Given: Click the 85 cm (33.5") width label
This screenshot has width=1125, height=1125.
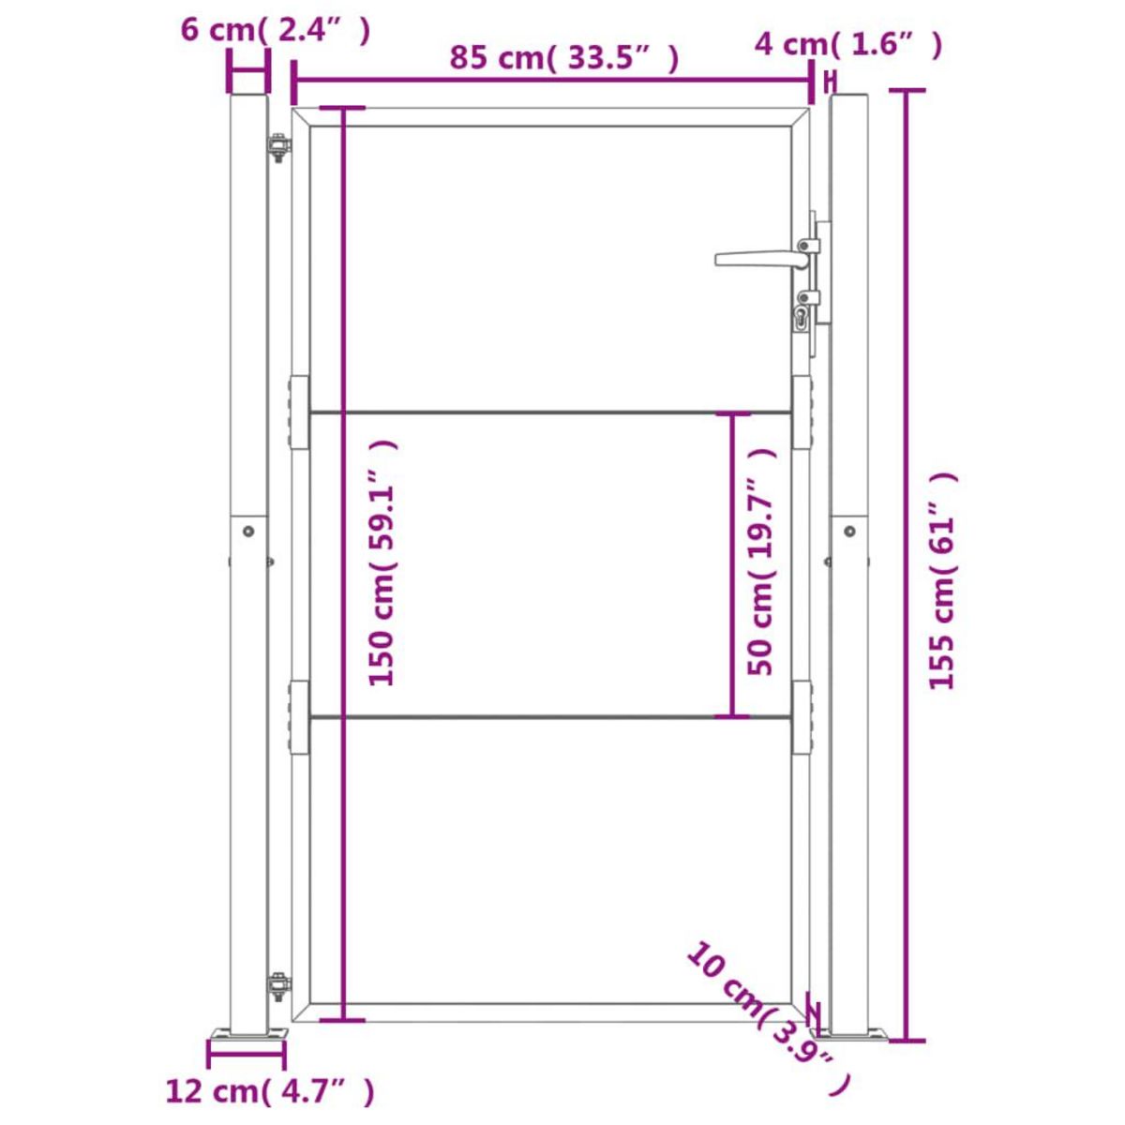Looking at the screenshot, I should [562, 58].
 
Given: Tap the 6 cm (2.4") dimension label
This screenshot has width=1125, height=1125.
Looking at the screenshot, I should [276, 30].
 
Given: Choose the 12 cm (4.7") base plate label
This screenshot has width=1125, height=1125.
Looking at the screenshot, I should [270, 1091].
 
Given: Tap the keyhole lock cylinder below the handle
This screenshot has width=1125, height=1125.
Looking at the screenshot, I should [802, 318].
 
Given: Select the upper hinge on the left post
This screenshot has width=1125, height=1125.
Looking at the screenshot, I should [278, 148].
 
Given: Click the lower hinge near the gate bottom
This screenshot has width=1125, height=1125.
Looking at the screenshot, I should [278, 986].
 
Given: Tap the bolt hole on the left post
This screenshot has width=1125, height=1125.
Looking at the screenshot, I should [248, 531].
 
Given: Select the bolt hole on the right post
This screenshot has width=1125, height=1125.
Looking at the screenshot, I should [849, 531].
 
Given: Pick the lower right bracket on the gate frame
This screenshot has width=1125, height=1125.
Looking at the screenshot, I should [802, 717].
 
